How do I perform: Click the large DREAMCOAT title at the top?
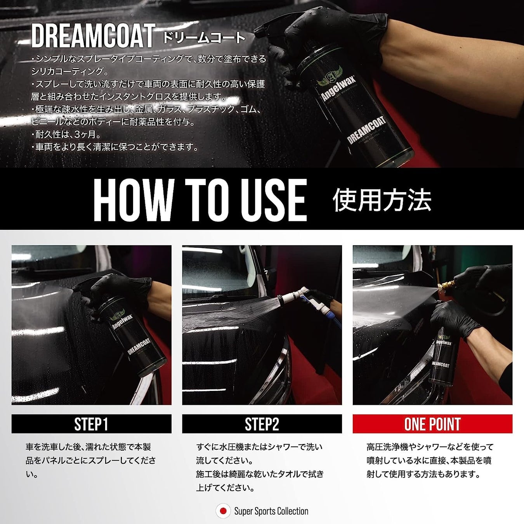[93, 36]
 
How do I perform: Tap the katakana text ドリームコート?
[204, 38]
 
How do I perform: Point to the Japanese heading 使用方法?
[382, 200]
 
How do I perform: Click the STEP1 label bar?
[91, 423]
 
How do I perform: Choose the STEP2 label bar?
[262, 423]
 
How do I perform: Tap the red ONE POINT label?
[432, 423]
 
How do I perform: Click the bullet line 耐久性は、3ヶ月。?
[66, 134]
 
